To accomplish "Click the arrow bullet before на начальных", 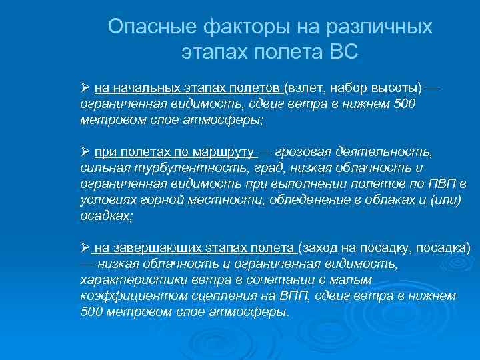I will pos(85,88).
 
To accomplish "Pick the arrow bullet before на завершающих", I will pos(85,249).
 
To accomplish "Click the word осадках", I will pos(105,216).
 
